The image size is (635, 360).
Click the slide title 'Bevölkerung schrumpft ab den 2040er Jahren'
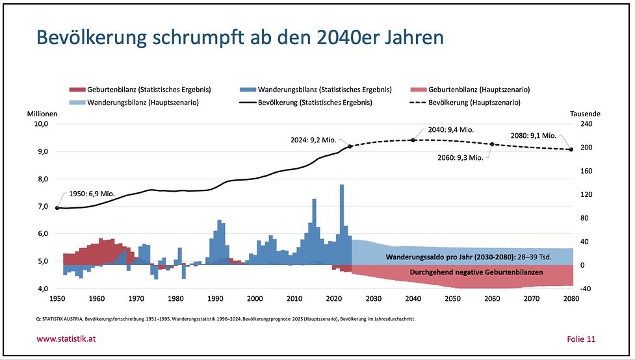tap(240, 38)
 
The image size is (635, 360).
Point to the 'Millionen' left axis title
tap(42, 114)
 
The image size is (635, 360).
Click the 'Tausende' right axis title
tap(586, 114)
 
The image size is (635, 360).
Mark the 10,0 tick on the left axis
tap(42, 124)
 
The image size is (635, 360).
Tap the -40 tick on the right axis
tap(586, 289)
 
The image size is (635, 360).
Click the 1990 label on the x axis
tap(215, 300)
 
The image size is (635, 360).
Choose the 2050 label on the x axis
tap(452, 300)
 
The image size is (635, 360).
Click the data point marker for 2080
tap(571, 149)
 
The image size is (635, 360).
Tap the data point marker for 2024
tap(350, 146)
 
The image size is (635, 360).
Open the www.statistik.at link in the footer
tap(67, 339)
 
